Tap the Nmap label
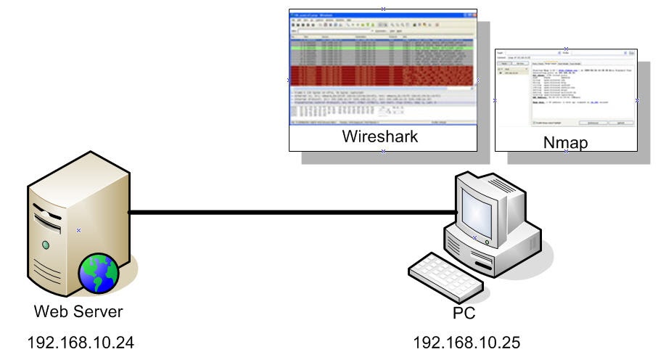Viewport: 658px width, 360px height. click(x=565, y=143)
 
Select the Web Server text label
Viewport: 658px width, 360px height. click(x=79, y=313)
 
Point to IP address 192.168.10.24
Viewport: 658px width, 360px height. click(x=81, y=341)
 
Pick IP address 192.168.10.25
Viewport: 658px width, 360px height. click(x=466, y=341)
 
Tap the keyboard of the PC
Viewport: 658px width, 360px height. click(x=442, y=274)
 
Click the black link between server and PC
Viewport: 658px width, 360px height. click(x=290, y=213)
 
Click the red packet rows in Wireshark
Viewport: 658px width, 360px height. click(x=383, y=75)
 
